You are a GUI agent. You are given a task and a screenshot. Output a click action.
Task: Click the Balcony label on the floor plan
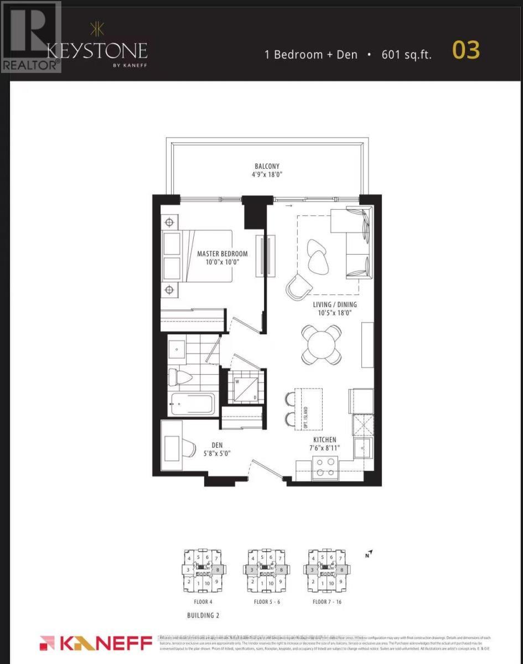[x=267, y=170]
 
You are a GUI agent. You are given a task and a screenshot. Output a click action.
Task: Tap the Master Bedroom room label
[x=222, y=258]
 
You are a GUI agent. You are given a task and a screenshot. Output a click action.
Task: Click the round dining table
[x=321, y=344]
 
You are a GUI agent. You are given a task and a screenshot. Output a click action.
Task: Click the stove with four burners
[x=325, y=468]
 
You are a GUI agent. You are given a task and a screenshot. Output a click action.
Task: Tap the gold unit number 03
[x=466, y=51]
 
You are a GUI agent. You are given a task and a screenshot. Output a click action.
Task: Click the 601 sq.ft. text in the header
[x=406, y=54]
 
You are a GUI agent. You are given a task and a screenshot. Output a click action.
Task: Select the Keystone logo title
[x=97, y=51]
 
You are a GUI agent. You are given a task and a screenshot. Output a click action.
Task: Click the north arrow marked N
[x=369, y=553]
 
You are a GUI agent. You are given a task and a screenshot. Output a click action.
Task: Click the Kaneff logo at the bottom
[x=96, y=644]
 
